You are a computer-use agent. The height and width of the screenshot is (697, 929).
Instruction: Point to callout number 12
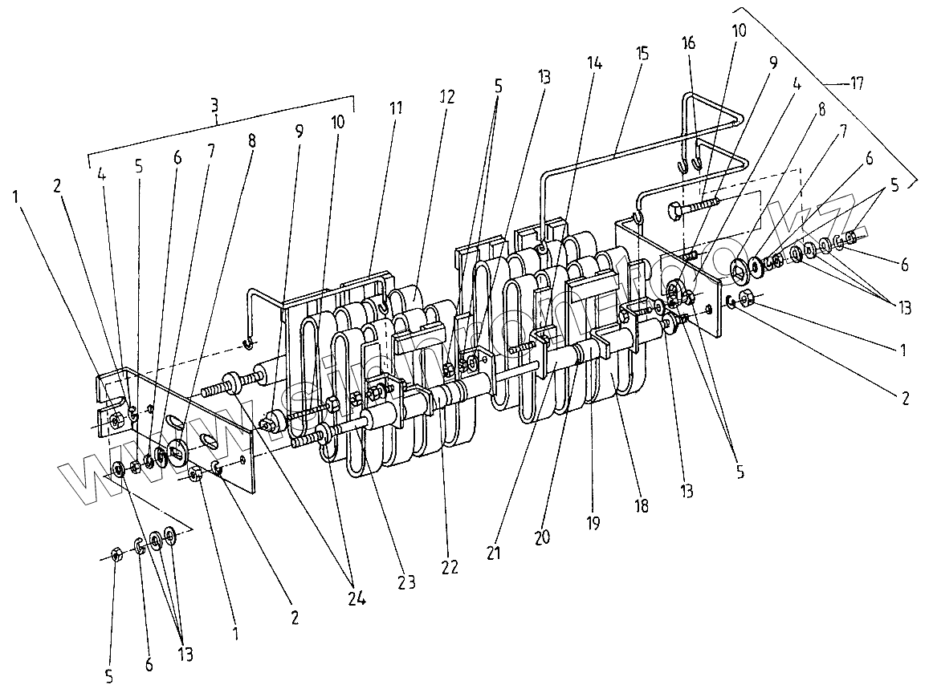click(x=447, y=96)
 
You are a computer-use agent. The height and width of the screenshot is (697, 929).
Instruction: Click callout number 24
click(x=356, y=598)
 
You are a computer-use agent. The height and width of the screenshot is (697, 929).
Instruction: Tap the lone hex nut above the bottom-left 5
click(x=115, y=555)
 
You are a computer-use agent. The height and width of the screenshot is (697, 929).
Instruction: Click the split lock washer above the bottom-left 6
click(x=138, y=547)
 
